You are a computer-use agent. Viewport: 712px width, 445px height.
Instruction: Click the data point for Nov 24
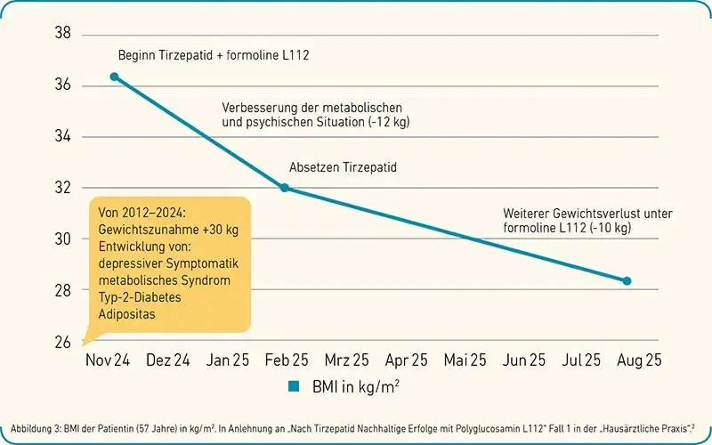coord(114,77)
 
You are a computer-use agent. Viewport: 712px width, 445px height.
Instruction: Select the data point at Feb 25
coord(285,188)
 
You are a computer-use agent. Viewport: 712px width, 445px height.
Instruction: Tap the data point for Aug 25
coord(627,281)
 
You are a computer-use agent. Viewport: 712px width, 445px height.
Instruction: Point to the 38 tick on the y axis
coord(63,35)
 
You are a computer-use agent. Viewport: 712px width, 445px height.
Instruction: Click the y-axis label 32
coord(63,188)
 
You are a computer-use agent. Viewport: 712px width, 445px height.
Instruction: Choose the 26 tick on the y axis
coord(63,342)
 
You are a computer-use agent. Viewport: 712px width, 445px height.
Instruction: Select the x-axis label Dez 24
coord(167,360)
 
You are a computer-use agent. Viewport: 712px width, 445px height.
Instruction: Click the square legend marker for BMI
coord(291,387)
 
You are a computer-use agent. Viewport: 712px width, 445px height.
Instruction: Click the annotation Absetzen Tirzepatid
coord(343,167)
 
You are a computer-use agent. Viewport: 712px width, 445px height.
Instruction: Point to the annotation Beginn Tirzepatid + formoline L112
coord(214,56)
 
